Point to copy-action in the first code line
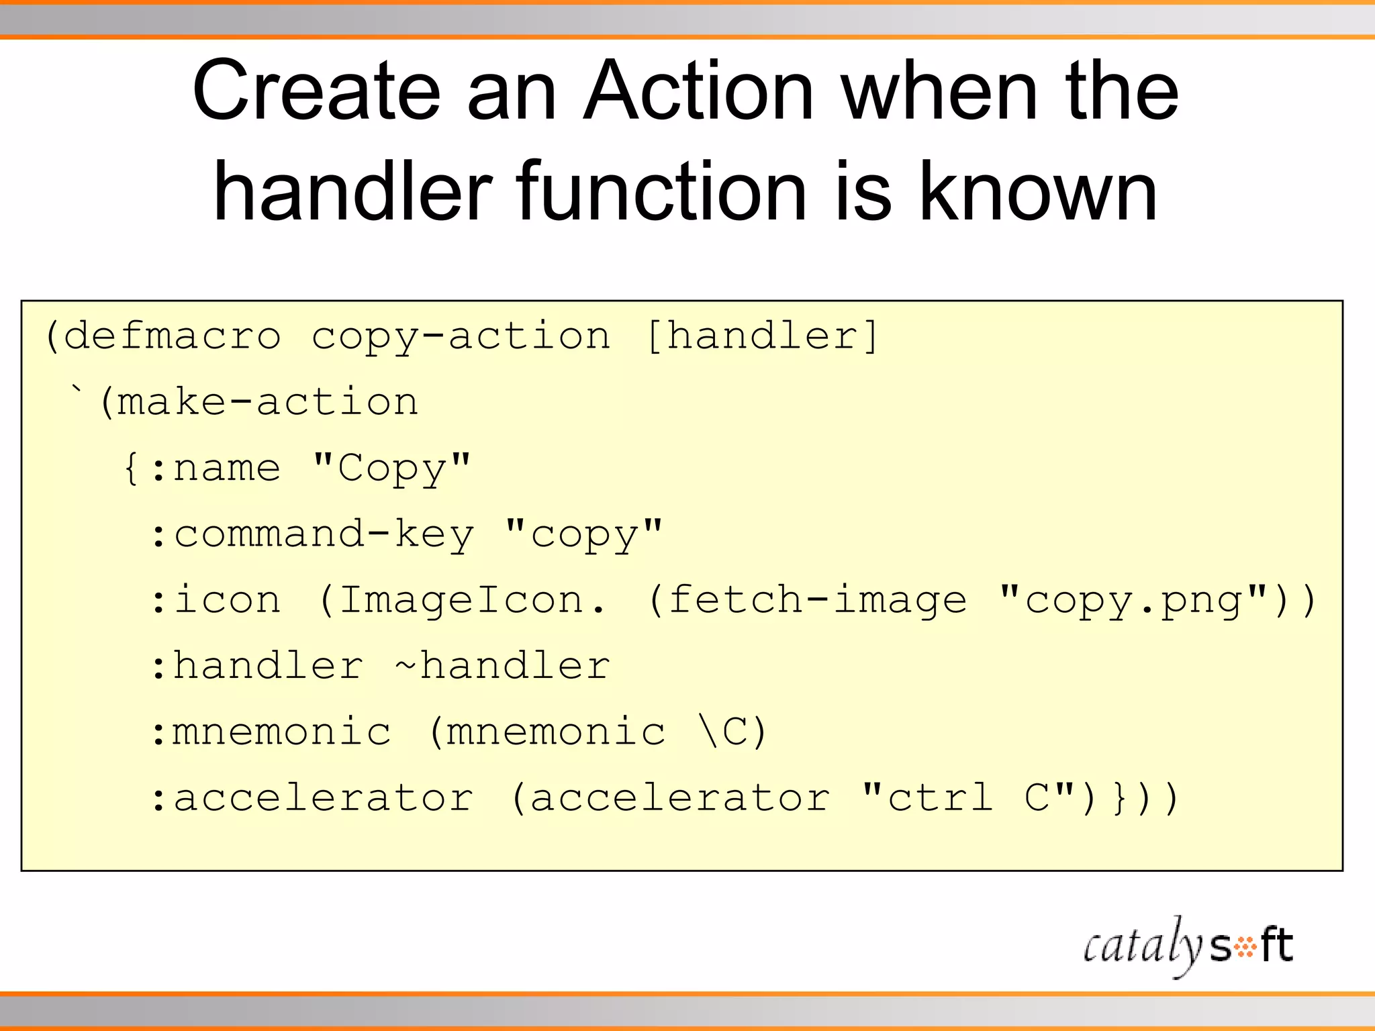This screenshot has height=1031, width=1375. (461, 336)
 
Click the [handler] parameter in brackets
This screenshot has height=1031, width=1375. (762, 336)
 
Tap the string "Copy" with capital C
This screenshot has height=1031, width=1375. (391, 468)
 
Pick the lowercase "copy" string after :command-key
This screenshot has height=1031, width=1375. (583, 535)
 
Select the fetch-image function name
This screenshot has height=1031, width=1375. (818, 600)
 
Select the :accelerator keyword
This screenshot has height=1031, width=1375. (312, 798)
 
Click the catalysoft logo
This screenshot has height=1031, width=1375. (1187, 946)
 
